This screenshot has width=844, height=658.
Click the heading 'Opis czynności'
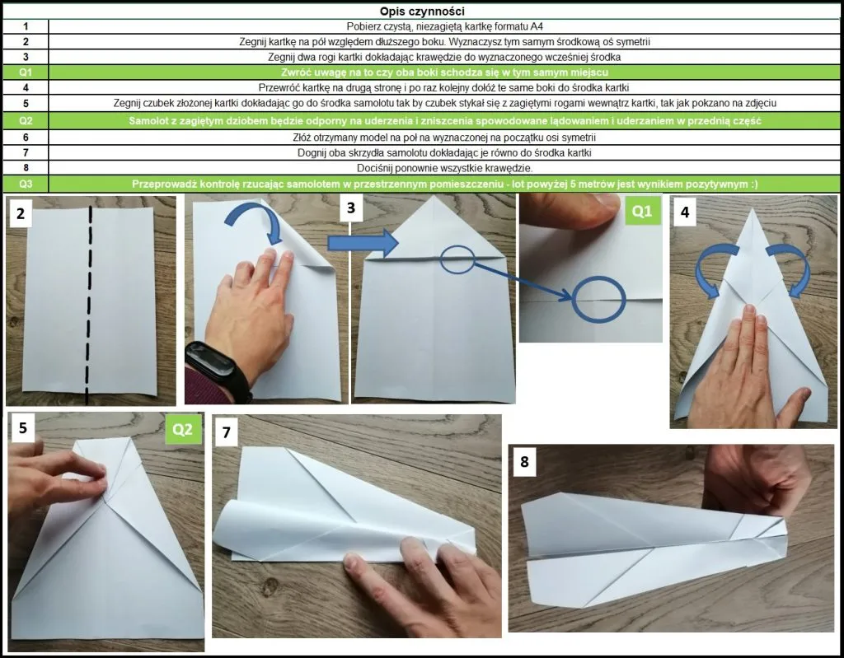click(x=421, y=12)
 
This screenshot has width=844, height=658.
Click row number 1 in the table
click(x=26, y=26)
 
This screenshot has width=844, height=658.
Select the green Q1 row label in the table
click(x=26, y=72)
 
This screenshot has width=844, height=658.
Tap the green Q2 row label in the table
click(x=26, y=120)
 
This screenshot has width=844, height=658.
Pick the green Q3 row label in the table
click(x=26, y=184)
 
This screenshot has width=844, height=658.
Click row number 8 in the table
click(x=26, y=168)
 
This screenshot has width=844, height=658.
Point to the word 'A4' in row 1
click(x=537, y=26)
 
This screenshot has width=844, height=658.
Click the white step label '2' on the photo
click(x=21, y=213)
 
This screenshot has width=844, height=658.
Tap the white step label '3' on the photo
click(x=351, y=208)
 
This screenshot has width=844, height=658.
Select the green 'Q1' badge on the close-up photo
click(x=642, y=211)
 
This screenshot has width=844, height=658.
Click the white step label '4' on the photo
click(x=685, y=212)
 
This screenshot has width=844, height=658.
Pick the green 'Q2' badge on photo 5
click(x=183, y=429)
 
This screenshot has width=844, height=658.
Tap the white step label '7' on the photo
click(x=226, y=432)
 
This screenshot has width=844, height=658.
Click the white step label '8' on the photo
click(x=524, y=462)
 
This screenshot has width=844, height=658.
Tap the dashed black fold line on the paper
click(x=89, y=305)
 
